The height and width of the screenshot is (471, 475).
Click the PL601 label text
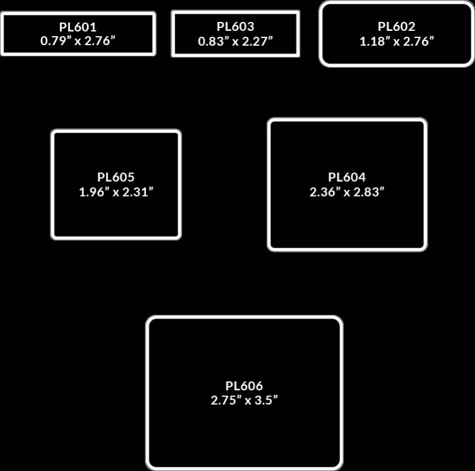(x=78, y=27)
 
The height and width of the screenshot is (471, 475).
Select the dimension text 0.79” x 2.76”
(x=78, y=42)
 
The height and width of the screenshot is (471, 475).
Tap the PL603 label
(x=236, y=27)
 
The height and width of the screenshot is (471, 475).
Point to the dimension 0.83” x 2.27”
(x=236, y=42)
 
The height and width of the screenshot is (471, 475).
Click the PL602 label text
(x=397, y=27)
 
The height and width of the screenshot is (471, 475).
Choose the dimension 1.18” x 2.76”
(x=397, y=42)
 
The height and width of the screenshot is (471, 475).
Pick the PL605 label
(x=116, y=177)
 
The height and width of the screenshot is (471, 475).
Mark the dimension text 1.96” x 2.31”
(x=116, y=192)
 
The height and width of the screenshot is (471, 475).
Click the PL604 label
(x=347, y=177)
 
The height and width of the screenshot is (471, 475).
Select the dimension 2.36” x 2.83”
(x=347, y=192)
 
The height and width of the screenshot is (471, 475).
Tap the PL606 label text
(x=244, y=385)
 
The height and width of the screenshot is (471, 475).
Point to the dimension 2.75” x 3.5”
(x=244, y=400)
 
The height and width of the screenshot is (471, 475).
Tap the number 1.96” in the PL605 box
(x=93, y=192)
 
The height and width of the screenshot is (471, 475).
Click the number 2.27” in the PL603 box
(x=259, y=42)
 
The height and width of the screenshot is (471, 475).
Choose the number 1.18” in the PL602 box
(x=373, y=42)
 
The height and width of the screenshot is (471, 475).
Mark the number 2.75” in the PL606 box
(x=224, y=400)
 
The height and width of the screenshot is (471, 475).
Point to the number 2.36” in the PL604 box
(x=324, y=192)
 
